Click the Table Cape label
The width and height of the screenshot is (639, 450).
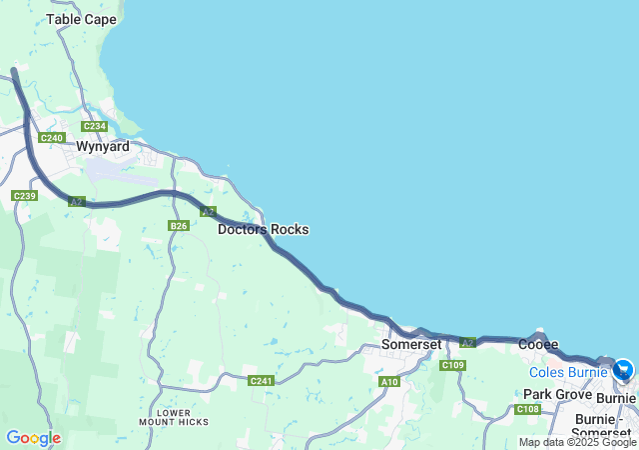click(x=81, y=19)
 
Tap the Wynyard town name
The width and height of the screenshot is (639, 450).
click(x=104, y=146)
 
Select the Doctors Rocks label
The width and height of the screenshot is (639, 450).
click(x=264, y=229)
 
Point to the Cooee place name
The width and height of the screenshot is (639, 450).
click(x=538, y=344)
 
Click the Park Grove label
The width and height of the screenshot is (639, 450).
click(x=558, y=395)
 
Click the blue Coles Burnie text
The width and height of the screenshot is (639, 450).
click(x=568, y=372)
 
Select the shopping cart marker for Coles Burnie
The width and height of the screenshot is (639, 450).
click(x=624, y=370)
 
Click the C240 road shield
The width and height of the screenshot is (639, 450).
click(x=52, y=137)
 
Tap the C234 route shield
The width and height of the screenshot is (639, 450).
click(x=95, y=126)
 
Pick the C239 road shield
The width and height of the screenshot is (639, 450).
click(x=25, y=195)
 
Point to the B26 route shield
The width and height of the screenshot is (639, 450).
click(x=179, y=226)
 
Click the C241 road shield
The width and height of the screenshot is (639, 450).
click(x=261, y=380)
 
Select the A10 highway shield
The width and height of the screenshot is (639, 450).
click(x=389, y=382)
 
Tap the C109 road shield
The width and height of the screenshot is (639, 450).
click(x=453, y=365)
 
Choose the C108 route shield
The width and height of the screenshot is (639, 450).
click(x=528, y=409)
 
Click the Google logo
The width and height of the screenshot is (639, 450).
click(x=33, y=438)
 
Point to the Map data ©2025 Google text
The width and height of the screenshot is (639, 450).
click(x=577, y=442)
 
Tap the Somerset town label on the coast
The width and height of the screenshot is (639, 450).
click(x=411, y=344)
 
